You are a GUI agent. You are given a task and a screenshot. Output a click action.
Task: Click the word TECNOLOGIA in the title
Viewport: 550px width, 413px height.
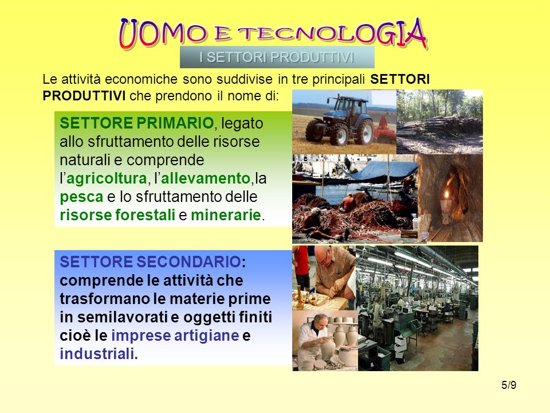coord(332,34)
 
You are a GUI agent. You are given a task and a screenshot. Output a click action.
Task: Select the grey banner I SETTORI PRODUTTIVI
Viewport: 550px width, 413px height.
coord(277,57)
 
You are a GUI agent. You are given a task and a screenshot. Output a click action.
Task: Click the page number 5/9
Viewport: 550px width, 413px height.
coord(509,385)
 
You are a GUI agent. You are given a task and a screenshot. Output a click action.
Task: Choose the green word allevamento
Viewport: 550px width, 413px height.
coord(205,178)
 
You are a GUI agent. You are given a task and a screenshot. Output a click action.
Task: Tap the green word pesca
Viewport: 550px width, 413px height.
coord(81,197)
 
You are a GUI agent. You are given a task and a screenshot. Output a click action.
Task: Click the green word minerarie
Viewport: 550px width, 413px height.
coord(226,215)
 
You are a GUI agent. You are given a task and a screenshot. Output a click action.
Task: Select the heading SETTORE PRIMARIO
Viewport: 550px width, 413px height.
coord(137,123)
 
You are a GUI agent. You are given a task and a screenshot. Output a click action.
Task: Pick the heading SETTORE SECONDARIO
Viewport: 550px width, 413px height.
coord(150,262)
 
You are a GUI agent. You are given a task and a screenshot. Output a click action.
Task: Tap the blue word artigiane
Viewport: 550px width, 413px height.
coord(207,336)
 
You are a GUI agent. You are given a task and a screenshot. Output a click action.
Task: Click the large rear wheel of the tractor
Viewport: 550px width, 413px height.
coord(364,133)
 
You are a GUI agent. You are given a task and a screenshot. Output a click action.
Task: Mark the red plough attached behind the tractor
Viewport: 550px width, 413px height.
coord(384,130)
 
